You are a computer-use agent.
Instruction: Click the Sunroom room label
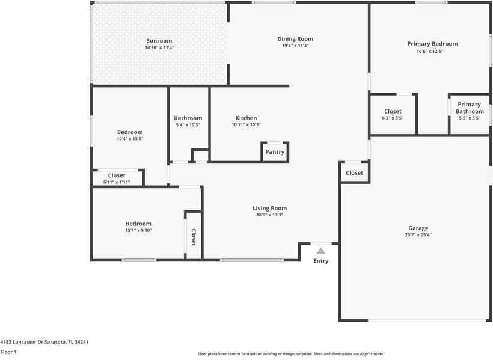[x=159, y=41]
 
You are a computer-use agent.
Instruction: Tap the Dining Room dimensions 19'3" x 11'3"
[x=295, y=46]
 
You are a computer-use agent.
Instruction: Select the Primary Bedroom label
[x=433, y=44]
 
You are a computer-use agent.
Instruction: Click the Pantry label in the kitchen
[x=275, y=152]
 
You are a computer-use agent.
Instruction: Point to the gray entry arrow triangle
[x=320, y=251]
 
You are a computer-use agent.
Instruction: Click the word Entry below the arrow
[x=320, y=261]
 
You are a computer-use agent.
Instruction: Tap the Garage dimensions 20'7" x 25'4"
[x=418, y=234]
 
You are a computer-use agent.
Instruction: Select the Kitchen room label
[x=246, y=118]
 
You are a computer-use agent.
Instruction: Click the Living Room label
[x=270, y=208]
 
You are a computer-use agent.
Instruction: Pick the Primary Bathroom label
[x=470, y=108]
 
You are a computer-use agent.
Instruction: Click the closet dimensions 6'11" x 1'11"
[x=117, y=182]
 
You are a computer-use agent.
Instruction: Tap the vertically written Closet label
[x=194, y=237]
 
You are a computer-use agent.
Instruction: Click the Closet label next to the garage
[x=354, y=173]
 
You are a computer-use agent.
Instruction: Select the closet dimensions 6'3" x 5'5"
[x=393, y=118]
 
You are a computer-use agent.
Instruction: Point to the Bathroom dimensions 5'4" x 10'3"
[x=188, y=125]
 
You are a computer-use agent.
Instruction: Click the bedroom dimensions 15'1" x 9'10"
[x=138, y=230]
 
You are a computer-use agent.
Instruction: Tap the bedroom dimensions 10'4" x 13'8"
[x=130, y=139]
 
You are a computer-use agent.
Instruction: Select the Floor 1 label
[x=8, y=352]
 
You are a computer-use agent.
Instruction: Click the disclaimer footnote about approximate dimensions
[x=291, y=354]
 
